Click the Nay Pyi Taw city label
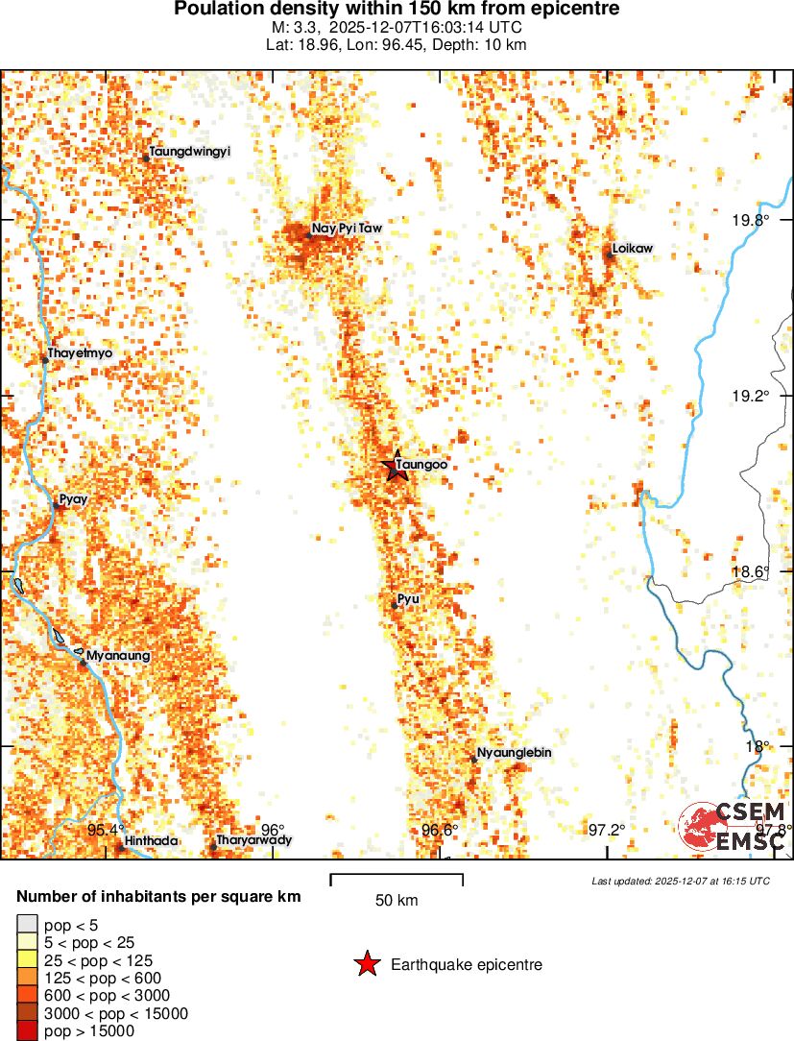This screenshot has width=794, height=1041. point(347,230)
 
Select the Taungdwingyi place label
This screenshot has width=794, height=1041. point(189,152)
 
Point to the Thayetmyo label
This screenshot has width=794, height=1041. point(80,353)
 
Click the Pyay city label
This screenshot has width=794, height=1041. point(74,499)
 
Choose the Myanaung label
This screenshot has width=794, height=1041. point(118,656)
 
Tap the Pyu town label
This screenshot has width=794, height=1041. point(408,599)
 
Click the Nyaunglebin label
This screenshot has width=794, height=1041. point(514,753)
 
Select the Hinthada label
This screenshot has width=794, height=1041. point(151,841)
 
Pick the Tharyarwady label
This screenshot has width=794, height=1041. point(253,840)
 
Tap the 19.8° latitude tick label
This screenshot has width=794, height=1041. point(750,220)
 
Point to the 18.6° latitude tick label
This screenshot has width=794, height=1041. point(750,571)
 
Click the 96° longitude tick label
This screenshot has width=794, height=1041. point(273,830)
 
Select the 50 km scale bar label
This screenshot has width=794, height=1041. point(397,901)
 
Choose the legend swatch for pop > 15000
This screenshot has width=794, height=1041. point(27,1031)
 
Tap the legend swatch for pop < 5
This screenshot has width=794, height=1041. point(27,926)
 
